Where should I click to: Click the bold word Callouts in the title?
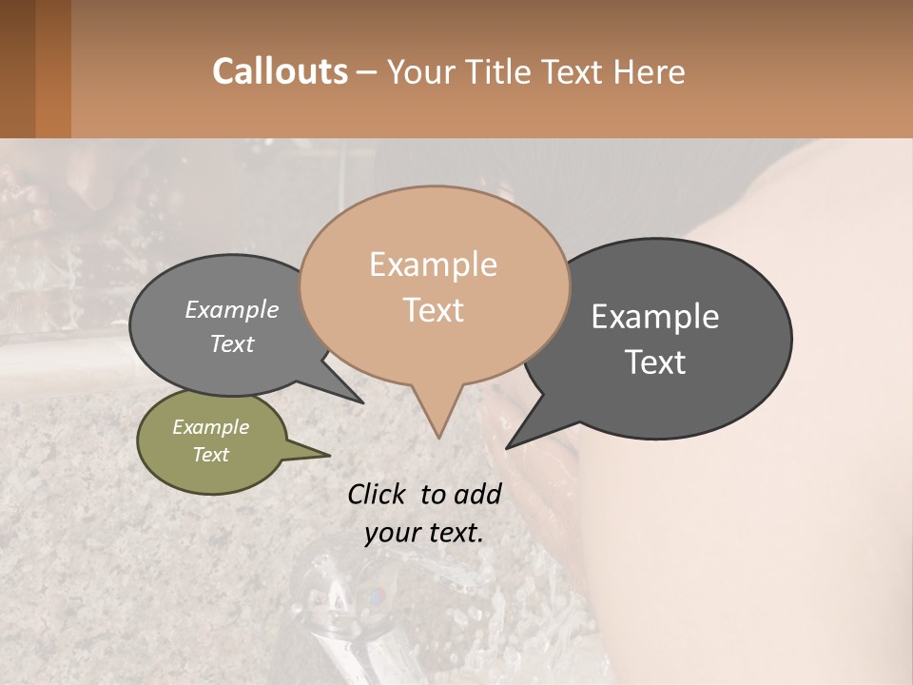pos(280,71)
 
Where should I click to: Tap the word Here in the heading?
pos(650,71)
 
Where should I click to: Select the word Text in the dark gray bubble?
pos(655,362)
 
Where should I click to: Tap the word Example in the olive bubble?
pos(211,427)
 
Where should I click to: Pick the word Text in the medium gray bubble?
pos(232,344)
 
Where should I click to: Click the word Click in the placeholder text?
pos(379,494)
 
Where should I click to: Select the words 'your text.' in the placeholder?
pos(423,533)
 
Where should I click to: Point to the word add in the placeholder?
pos(478,494)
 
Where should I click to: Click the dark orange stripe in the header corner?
pos(52,68)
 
